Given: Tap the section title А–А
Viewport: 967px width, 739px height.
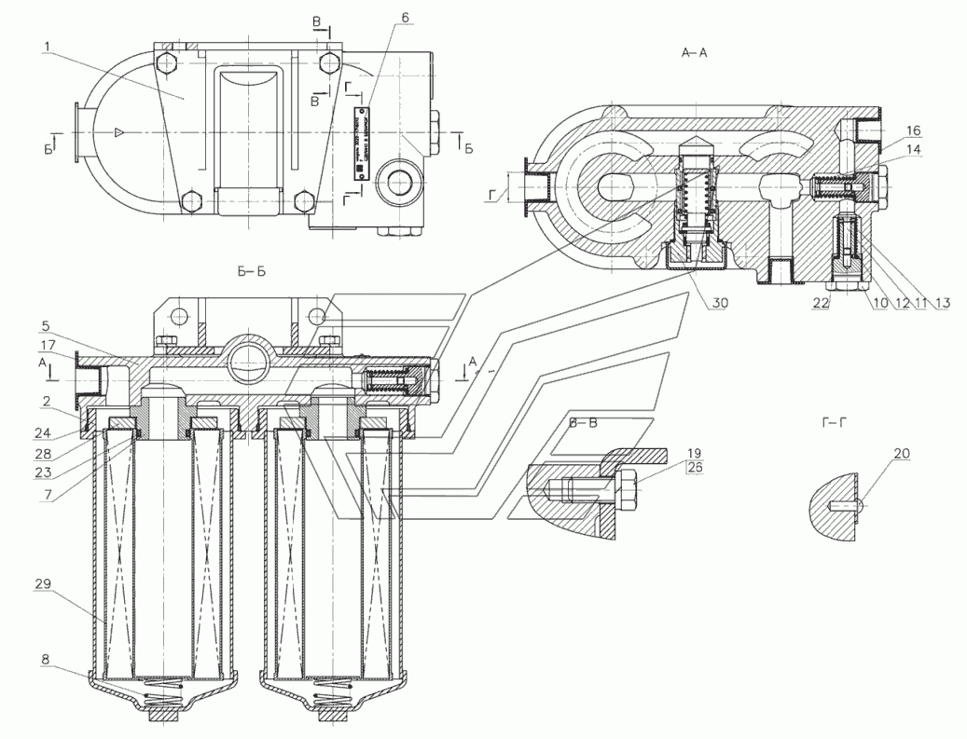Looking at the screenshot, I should click(695, 54).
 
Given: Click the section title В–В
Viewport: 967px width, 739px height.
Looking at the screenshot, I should click(584, 421).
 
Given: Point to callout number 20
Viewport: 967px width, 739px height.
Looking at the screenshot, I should click(901, 454).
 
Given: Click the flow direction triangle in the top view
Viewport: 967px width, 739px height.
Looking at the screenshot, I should click(118, 133).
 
